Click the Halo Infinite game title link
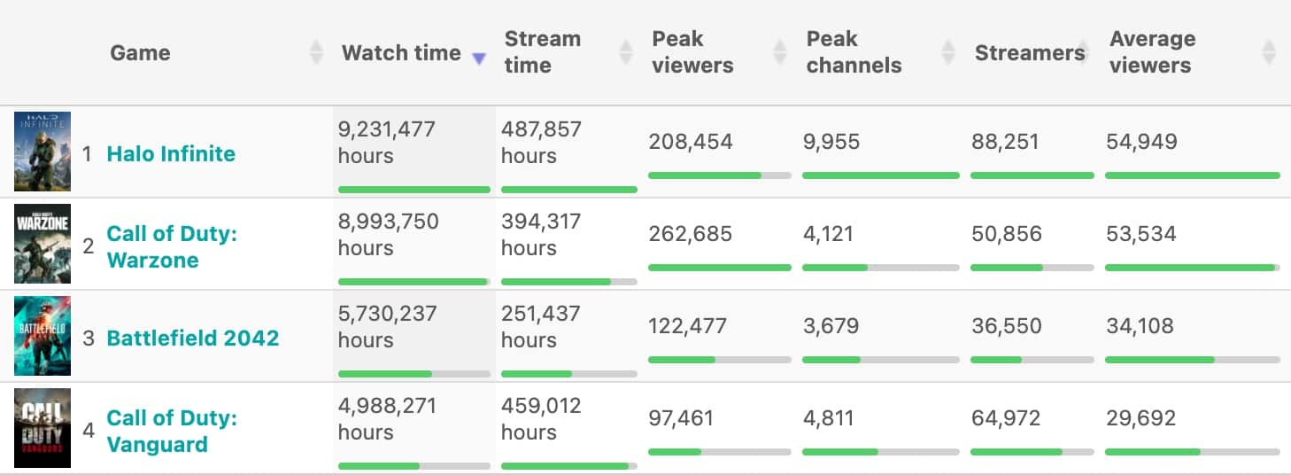(x=171, y=153)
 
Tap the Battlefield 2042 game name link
(x=192, y=338)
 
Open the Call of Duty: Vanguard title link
(x=172, y=431)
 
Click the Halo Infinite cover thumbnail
(x=43, y=152)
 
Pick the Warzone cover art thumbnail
(x=43, y=244)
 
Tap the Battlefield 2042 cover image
(x=43, y=336)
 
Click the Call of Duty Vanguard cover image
(x=43, y=428)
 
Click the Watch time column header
(x=401, y=52)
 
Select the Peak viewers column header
(x=692, y=52)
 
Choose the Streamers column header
(x=1030, y=52)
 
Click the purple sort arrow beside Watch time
(x=479, y=58)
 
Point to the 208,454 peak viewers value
(x=691, y=142)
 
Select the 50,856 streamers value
(x=1007, y=234)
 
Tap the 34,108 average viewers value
(x=1140, y=326)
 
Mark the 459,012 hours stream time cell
(x=541, y=418)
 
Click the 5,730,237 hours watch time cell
(x=388, y=326)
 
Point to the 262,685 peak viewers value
(x=691, y=234)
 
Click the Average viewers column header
(x=1152, y=52)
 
